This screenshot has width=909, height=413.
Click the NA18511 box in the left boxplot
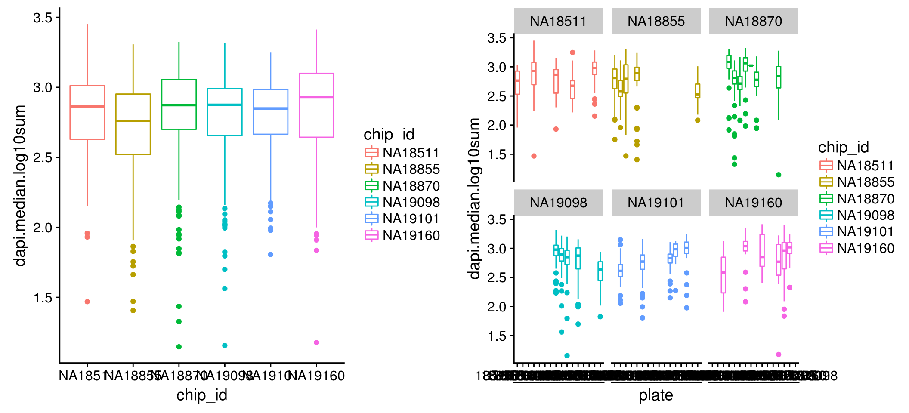[87, 113]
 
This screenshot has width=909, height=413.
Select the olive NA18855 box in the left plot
[133, 124]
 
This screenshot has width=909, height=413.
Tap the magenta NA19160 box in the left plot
[316, 105]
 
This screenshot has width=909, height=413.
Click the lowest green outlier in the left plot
[179, 347]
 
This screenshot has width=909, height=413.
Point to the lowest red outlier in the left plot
[87, 302]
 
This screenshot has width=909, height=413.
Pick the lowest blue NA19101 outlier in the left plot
[271, 255]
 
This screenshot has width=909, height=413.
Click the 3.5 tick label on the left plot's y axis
[43, 18]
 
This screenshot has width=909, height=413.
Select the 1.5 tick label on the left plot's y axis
[43, 298]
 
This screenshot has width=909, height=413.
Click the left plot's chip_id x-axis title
[202, 395]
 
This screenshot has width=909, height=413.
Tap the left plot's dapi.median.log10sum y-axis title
[20, 186]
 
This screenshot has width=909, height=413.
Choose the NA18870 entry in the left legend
[411, 186]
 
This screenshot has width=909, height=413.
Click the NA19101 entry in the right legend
[866, 232]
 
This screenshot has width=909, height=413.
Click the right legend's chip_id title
[843, 147]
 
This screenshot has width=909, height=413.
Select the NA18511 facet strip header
[558, 21]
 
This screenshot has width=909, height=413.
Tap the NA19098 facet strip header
[558, 203]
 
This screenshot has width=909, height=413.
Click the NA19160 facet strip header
[753, 203]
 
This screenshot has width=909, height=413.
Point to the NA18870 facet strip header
[753, 21]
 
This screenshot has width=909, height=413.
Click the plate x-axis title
[655, 395]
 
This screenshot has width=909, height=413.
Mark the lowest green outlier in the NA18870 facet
[779, 175]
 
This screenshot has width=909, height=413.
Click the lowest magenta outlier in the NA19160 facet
[779, 354]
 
